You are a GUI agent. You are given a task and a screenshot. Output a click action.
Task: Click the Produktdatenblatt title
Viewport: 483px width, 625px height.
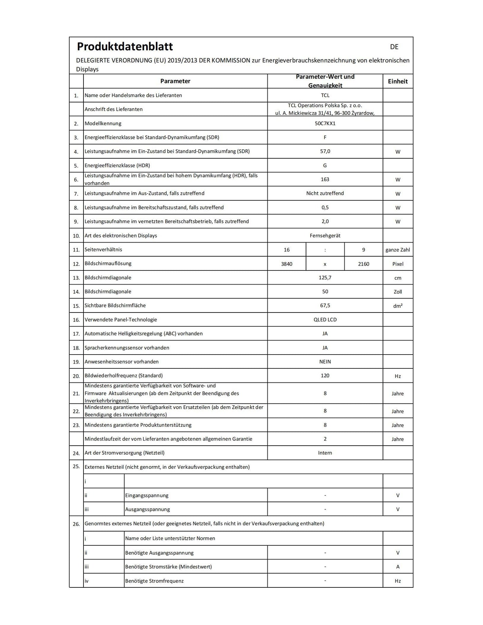(x=125, y=47)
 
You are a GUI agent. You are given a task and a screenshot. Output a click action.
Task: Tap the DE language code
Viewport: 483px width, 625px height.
(x=394, y=47)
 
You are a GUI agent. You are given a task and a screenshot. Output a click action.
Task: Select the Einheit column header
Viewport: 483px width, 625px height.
(x=397, y=81)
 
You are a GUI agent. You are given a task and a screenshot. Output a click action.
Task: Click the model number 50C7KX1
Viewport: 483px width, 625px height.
(x=325, y=123)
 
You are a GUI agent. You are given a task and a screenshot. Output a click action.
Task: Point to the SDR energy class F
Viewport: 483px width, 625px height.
(x=325, y=137)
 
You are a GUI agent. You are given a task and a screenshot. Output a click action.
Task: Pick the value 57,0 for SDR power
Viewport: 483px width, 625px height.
(x=325, y=151)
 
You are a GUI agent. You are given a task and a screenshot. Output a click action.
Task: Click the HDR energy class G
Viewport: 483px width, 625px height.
(x=325, y=166)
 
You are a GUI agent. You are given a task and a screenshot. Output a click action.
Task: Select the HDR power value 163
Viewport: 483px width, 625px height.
(x=325, y=179)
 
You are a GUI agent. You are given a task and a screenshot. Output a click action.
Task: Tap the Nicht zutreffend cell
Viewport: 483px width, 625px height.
(x=325, y=194)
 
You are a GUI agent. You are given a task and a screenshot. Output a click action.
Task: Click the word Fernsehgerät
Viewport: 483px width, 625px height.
(x=325, y=236)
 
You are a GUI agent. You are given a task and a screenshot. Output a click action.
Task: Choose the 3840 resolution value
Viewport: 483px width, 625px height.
(x=286, y=264)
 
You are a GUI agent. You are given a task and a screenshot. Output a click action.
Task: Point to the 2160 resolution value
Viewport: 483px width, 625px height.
(x=363, y=264)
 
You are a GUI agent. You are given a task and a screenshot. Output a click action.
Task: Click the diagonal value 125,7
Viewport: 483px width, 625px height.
(x=325, y=278)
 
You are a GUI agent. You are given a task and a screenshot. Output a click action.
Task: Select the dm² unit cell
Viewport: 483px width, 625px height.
(x=397, y=306)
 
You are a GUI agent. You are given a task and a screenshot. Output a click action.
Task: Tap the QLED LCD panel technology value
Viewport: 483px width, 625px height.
(x=325, y=320)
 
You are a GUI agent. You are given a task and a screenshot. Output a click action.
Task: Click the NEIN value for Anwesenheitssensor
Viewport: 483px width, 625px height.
(x=325, y=362)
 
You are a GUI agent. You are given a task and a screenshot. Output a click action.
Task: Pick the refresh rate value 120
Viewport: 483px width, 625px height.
(x=325, y=376)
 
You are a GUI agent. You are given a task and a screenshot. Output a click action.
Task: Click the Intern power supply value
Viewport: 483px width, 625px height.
(x=325, y=453)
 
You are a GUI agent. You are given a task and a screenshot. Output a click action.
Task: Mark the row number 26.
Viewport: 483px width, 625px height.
(x=76, y=524)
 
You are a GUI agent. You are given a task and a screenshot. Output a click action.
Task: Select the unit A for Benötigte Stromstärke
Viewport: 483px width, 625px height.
(x=397, y=567)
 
